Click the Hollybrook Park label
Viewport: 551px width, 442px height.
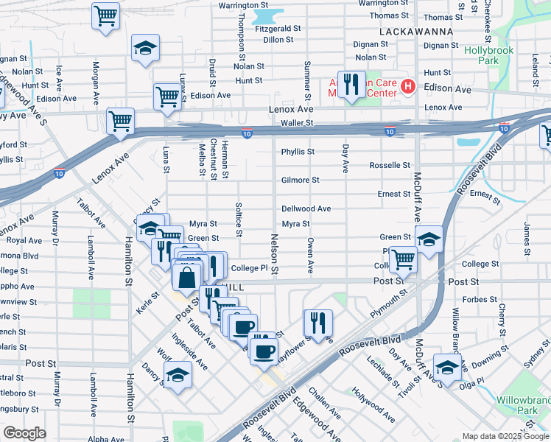click(488, 57)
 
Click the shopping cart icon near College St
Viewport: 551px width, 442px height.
click(403, 259)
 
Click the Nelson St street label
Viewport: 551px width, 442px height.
click(274, 255)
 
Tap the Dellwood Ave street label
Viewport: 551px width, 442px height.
click(306, 208)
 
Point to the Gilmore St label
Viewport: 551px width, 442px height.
click(300, 180)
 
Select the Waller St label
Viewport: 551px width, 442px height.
click(298, 123)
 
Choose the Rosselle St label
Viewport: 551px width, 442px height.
click(390, 165)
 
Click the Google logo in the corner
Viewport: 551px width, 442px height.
click(24, 433)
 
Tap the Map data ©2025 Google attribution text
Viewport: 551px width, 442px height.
click(505, 436)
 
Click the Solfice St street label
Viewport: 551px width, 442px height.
click(238, 220)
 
